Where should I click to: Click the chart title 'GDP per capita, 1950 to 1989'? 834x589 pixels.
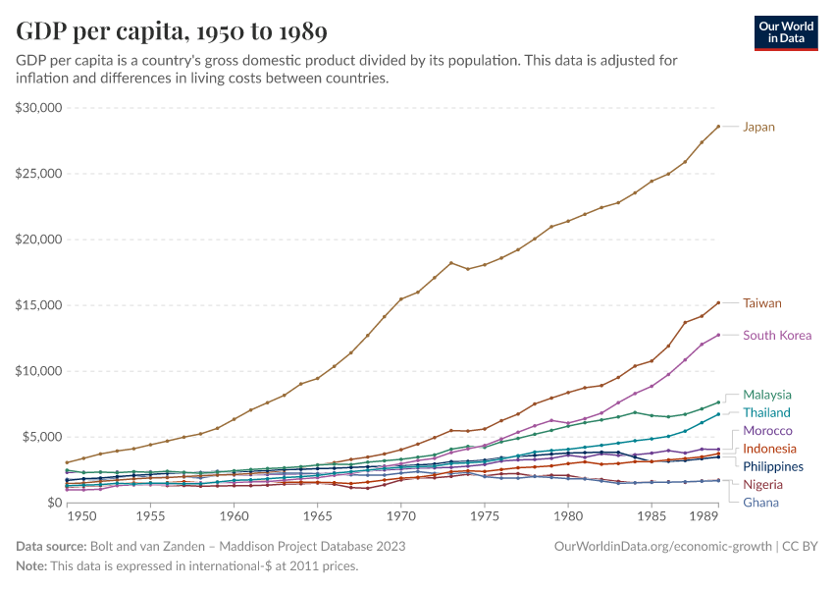click(172, 31)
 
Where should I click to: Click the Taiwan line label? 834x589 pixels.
click(762, 303)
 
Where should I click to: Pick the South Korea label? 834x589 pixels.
click(777, 335)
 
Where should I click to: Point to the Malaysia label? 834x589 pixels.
click(766, 395)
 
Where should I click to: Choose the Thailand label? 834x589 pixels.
click(766, 412)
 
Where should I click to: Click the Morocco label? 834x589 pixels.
click(767, 431)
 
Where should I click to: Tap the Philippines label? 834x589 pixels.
click(773, 466)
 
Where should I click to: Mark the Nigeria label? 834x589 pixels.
click(762, 485)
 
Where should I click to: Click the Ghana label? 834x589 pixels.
click(760, 503)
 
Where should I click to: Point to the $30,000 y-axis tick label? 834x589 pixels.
click(39, 107)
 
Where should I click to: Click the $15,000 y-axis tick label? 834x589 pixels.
click(39, 305)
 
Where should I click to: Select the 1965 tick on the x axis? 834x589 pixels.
click(317, 515)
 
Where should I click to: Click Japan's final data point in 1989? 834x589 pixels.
click(718, 126)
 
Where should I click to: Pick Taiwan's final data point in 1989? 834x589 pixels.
click(718, 302)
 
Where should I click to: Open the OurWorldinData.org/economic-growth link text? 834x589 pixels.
click(664, 546)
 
